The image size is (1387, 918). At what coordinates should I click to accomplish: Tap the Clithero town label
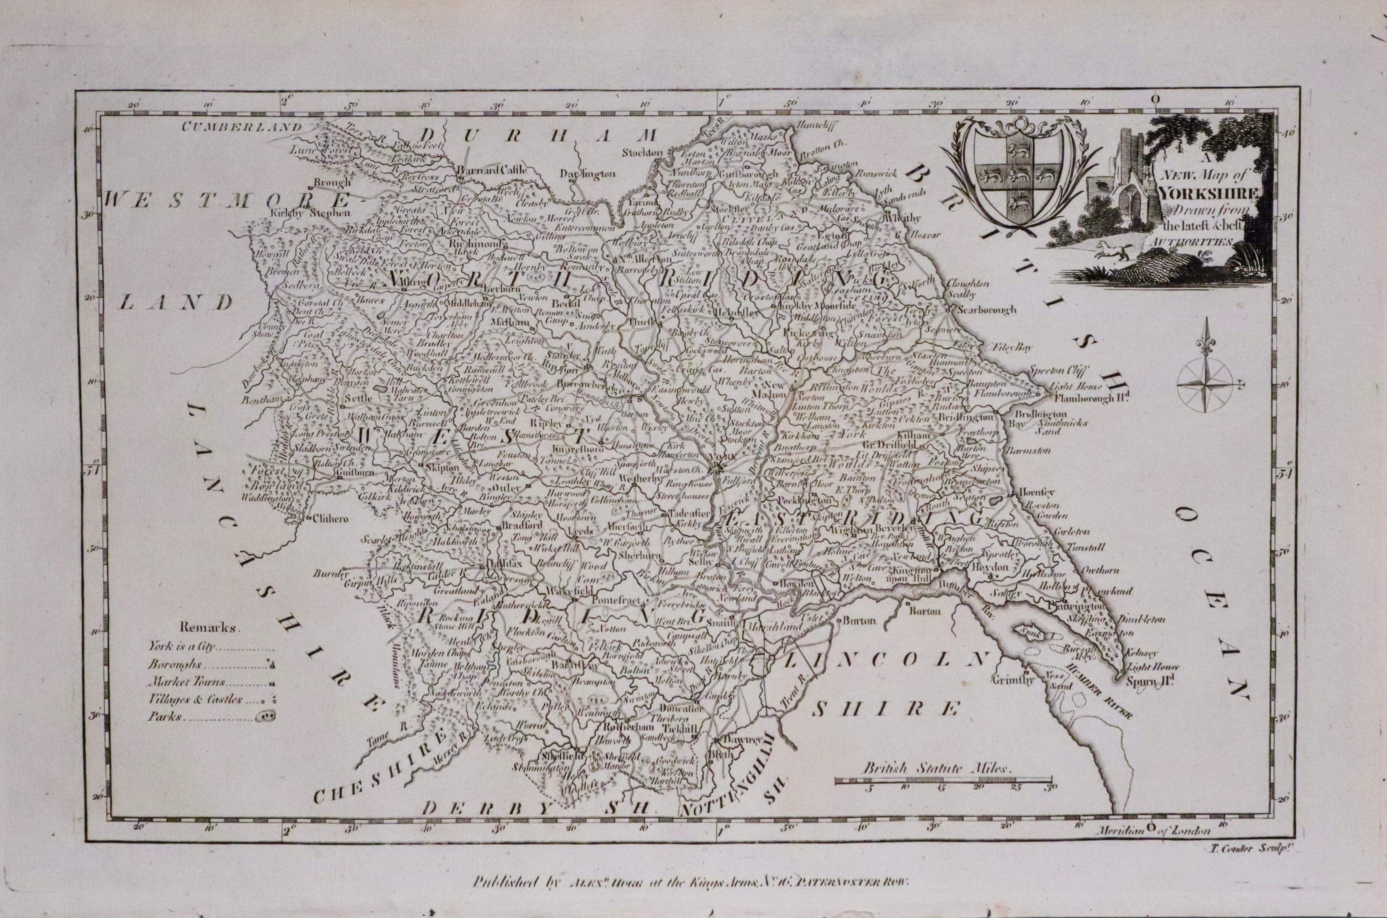(331, 518)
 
